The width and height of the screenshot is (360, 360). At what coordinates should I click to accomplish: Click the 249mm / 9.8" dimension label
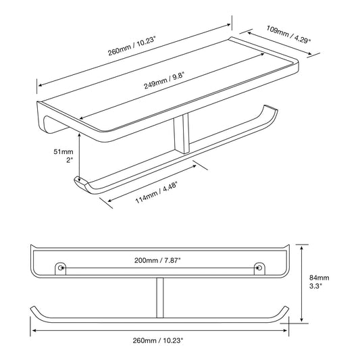click(164, 80)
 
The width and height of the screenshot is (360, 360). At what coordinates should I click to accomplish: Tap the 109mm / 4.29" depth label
click(288, 34)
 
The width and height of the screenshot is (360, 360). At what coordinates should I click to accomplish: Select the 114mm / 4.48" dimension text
click(157, 192)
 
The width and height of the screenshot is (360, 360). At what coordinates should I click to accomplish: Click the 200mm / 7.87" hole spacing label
click(157, 260)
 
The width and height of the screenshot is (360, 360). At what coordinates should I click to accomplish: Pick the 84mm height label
click(319, 278)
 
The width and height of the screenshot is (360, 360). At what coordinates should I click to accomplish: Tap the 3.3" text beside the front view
click(315, 286)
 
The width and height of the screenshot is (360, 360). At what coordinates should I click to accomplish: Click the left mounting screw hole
click(60, 267)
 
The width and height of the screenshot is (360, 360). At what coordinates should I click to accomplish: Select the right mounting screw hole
click(259, 267)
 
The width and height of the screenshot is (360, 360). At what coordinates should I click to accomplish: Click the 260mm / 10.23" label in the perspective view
click(132, 47)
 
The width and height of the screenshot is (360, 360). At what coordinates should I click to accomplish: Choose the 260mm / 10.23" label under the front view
click(158, 340)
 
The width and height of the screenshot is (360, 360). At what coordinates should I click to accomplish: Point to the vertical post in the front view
click(160, 298)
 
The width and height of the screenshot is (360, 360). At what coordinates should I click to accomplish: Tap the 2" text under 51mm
click(70, 160)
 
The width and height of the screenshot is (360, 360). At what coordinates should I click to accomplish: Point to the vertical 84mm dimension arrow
click(302, 284)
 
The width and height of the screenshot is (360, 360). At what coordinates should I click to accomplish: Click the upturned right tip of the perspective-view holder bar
click(271, 108)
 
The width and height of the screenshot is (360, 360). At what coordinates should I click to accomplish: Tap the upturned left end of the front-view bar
click(34, 309)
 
